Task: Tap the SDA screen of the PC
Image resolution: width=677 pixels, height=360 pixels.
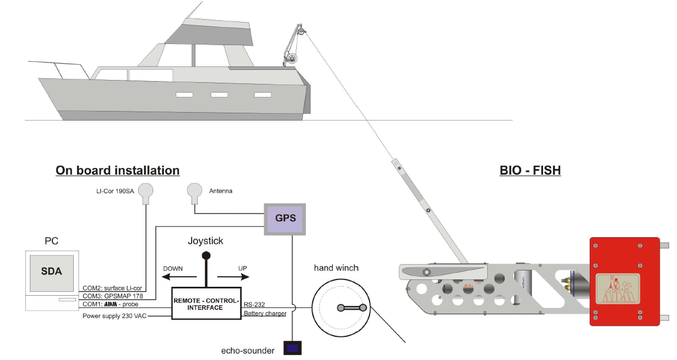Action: [51, 271]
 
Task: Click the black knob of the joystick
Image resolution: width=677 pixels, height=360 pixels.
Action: [206, 255]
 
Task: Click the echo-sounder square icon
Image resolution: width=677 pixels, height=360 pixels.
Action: [292, 348]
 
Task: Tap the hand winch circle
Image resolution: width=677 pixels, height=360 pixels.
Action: [344, 308]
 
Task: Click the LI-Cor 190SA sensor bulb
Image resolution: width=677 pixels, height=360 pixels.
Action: [146, 191]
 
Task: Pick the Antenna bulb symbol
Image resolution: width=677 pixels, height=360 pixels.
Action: [195, 191]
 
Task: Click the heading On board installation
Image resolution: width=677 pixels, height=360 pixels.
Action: [118, 170]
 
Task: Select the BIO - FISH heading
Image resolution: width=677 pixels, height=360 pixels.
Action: [530, 170]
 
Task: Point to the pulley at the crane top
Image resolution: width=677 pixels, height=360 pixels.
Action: [301, 32]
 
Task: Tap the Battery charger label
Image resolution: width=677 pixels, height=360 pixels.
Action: [265, 313]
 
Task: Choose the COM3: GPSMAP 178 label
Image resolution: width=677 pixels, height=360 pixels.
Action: [112, 296]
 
